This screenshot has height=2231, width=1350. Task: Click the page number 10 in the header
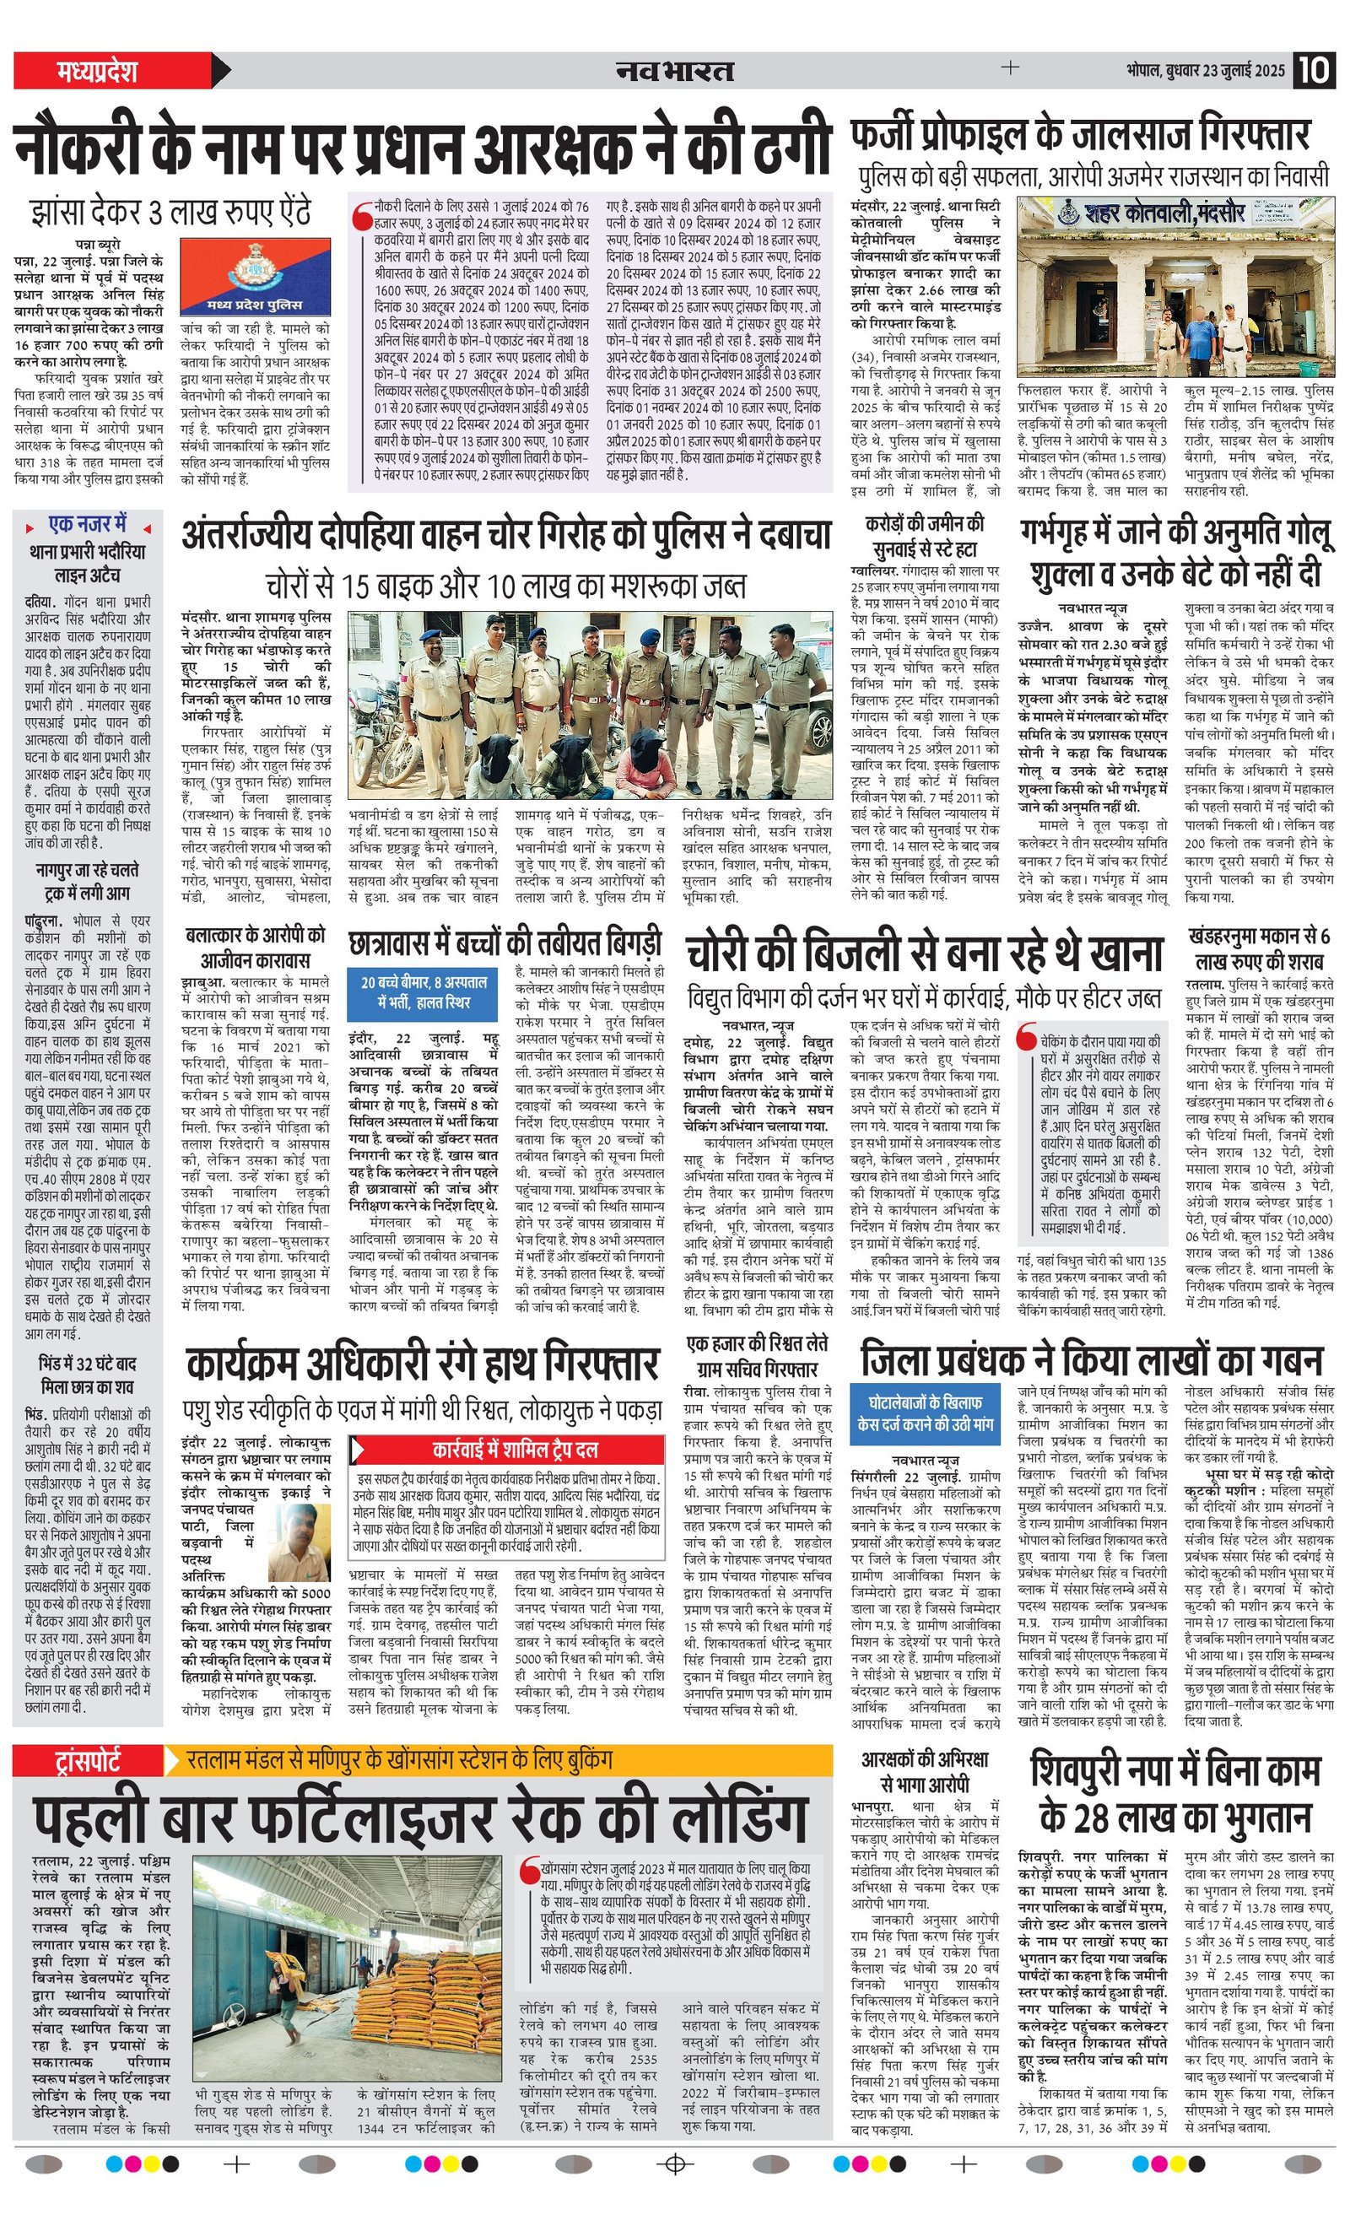1314,71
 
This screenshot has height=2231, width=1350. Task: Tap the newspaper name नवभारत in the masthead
674,71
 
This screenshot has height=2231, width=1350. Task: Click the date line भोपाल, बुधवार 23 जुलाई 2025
1205,71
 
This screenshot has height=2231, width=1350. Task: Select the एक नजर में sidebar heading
88,524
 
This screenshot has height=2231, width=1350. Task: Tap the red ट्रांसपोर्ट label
88,1760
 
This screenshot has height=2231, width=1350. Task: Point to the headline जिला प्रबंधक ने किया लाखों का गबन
1091,1360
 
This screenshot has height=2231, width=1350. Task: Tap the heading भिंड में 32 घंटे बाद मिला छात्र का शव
88,1375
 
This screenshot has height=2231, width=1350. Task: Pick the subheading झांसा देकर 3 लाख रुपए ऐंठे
170,213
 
